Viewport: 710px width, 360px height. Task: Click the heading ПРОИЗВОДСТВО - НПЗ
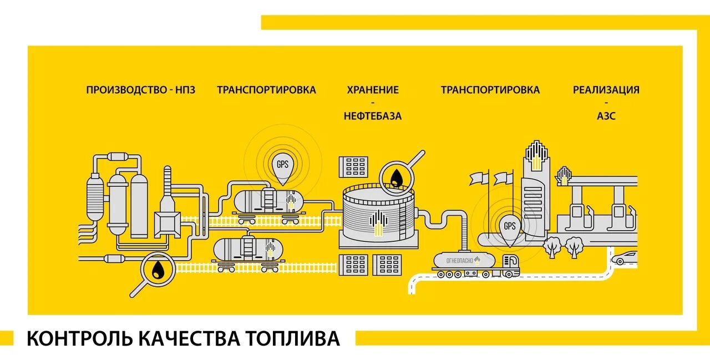[140, 90]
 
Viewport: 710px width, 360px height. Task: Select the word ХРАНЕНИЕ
[372, 90]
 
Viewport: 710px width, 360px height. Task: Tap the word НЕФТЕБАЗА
[372, 116]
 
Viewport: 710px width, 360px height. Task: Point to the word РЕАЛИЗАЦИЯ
[606, 90]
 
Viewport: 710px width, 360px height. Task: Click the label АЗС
[606, 116]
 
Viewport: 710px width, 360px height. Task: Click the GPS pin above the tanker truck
[509, 227]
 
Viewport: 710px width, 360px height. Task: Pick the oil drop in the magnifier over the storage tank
[396, 178]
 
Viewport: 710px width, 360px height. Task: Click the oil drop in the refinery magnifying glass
[159, 270]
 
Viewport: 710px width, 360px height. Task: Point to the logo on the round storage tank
[378, 220]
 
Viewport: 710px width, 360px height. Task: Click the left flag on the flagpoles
[479, 178]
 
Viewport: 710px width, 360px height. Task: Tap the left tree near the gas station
[552, 245]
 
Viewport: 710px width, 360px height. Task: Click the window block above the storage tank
[353, 166]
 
